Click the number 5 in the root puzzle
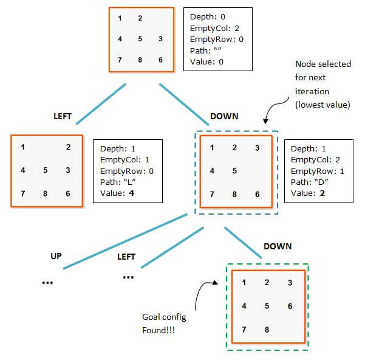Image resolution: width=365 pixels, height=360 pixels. [x=140, y=39]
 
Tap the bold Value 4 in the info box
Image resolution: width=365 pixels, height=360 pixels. [x=132, y=193]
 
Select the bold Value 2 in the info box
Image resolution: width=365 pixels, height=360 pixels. [x=322, y=193]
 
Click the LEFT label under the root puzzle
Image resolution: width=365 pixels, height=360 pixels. [x=63, y=116]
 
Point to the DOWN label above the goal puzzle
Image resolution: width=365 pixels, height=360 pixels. [x=278, y=246]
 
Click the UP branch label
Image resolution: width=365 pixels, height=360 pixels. [x=56, y=256]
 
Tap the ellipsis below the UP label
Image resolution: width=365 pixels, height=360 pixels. [x=47, y=283]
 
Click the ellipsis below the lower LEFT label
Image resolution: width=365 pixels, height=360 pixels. [x=128, y=277]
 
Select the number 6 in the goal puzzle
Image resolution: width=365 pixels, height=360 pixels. [x=290, y=306]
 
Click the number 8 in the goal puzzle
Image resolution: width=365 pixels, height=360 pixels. [x=267, y=330]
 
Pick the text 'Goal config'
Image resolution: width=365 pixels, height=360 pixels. [x=164, y=317]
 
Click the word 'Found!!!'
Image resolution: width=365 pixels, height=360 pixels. [x=159, y=330]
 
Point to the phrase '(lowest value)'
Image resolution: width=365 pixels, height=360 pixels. [x=322, y=105]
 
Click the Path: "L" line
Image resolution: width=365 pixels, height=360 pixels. [x=118, y=182]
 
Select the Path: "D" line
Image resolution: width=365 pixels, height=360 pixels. [x=309, y=182]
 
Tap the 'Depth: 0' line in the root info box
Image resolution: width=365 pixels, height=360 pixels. [x=208, y=17]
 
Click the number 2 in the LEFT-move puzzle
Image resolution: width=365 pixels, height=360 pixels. [x=68, y=147]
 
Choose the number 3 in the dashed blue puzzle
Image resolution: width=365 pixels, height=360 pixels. [x=257, y=148]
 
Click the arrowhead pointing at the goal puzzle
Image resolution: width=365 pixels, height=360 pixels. [x=216, y=283]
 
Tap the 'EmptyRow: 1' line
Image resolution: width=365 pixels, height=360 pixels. [x=318, y=171]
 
